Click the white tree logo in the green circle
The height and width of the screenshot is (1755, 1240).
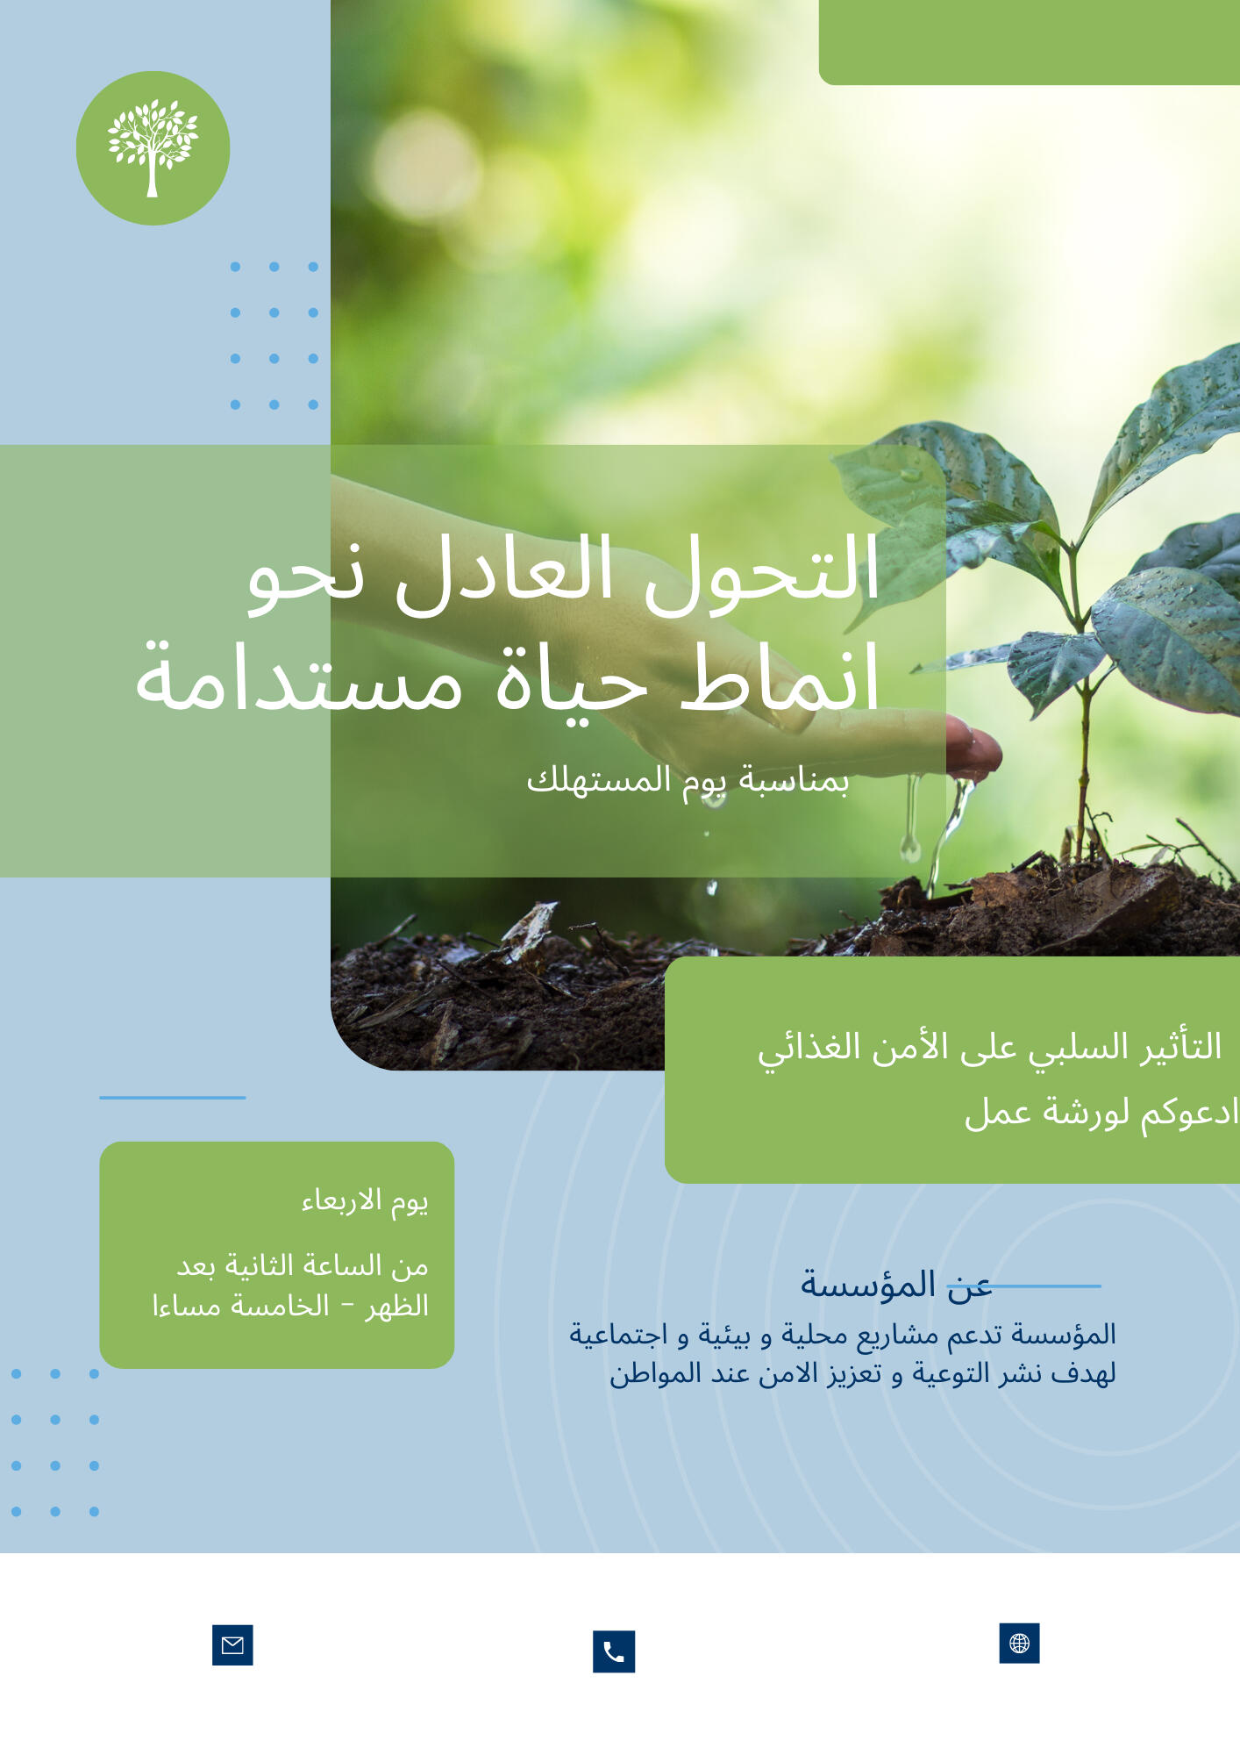(153, 147)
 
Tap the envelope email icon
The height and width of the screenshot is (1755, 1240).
(232, 1645)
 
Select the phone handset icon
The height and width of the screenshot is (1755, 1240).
(614, 1651)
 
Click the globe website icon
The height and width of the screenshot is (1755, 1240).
(1019, 1643)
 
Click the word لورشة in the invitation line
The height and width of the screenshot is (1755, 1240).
(1084, 1113)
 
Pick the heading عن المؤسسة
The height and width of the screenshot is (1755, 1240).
(894, 1285)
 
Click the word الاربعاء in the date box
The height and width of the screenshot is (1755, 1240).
(341, 1200)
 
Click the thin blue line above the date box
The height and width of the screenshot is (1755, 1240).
(172, 1097)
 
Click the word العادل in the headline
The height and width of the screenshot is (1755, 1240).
(504, 572)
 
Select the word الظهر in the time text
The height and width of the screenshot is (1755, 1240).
(397, 1306)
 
